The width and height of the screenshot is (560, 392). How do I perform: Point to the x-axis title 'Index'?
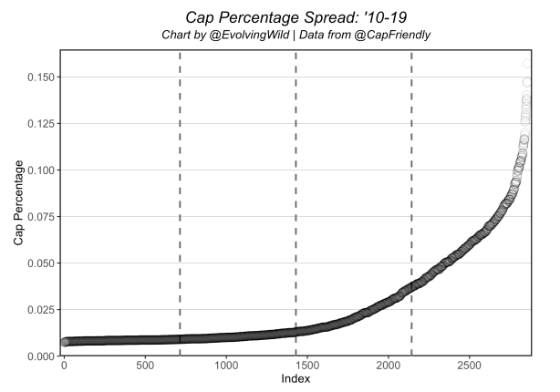[294, 378]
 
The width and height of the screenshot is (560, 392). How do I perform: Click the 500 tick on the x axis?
[145, 366]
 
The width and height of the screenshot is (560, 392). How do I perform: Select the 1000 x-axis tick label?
[226, 366]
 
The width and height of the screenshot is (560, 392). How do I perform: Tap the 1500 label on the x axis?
[307, 366]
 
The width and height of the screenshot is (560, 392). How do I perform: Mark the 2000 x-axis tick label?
[389, 366]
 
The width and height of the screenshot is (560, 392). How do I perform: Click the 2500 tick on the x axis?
[470, 366]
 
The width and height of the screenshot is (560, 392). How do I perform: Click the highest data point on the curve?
[527, 65]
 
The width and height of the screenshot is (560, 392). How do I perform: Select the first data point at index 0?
[64, 342]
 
